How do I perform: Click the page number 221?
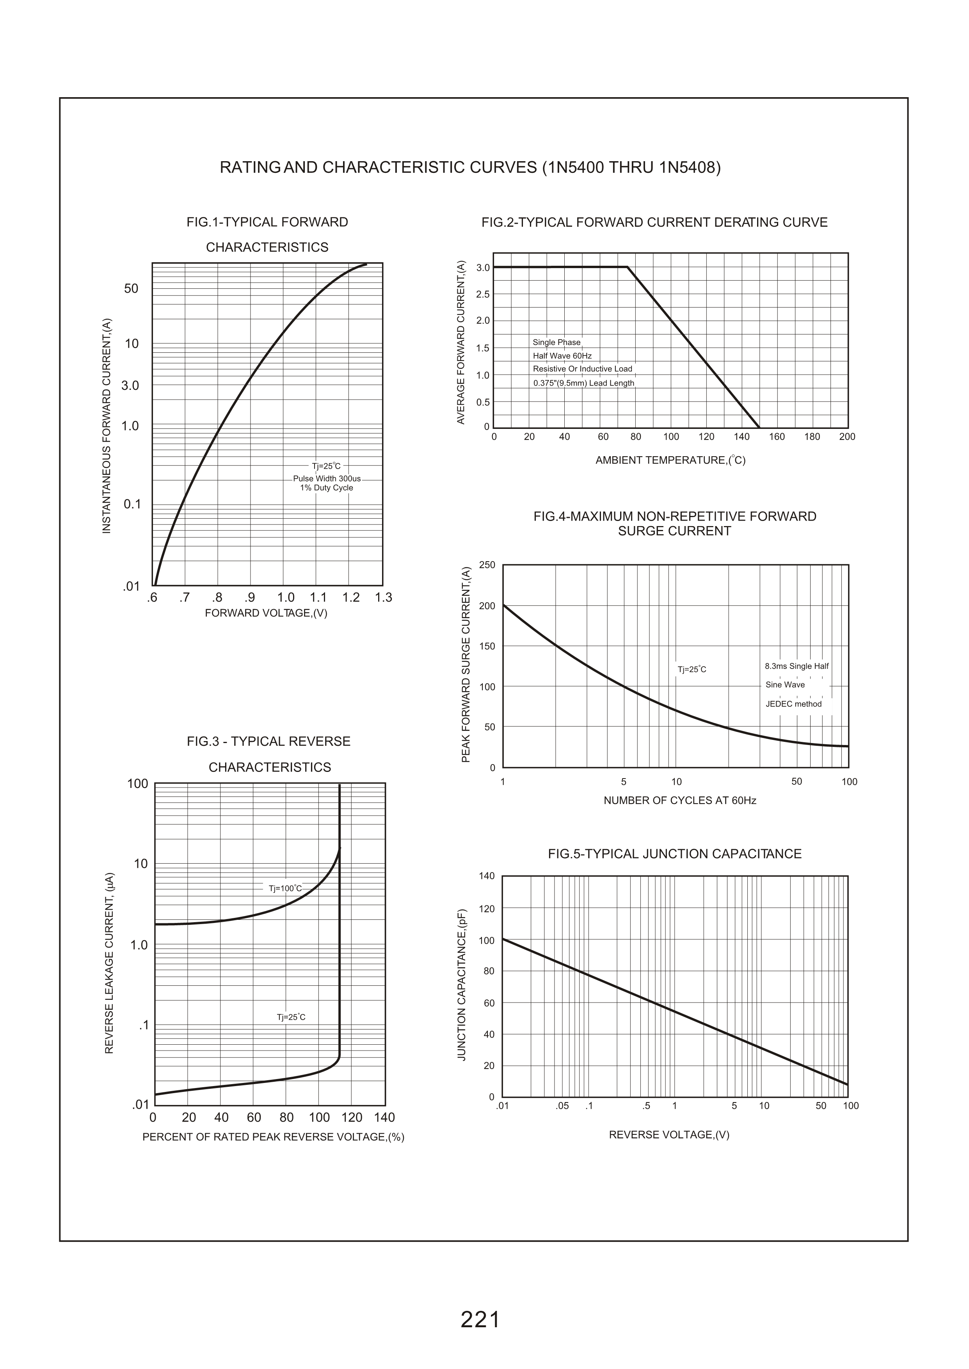point(480,1320)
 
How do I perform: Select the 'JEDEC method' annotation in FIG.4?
point(793,704)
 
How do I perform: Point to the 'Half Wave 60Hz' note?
point(562,356)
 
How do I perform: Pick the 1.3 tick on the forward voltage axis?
point(384,598)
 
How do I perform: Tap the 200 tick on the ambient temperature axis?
point(847,437)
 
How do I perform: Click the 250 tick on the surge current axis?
point(487,565)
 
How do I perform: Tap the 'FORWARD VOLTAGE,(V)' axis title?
point(266,613)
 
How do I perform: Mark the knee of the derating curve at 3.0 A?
point(627,267)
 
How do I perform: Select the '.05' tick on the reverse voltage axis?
point(562,1106)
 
